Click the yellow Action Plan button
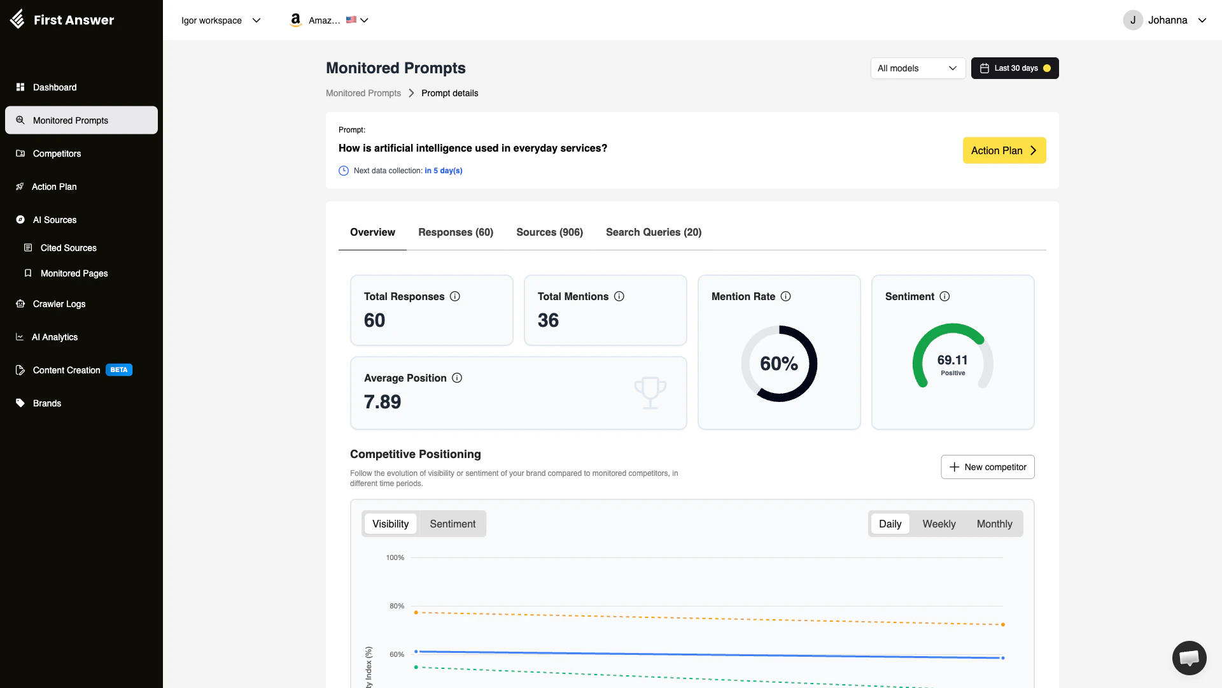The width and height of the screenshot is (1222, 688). (1004, 150)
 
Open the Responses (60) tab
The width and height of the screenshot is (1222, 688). (456, 232)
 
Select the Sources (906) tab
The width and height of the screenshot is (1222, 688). (549, 232)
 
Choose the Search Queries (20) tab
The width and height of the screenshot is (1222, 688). (654, 232)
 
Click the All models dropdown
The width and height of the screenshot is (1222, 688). (917, 68)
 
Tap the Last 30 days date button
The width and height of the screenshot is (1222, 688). (1015, 68)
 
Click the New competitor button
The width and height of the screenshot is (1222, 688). (987, 467)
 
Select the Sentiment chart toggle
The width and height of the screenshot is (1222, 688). (453, 524)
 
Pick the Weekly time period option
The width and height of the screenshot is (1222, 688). (939, 524)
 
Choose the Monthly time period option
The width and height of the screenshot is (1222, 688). (994, 524)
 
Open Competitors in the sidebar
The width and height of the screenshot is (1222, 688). (57, 154)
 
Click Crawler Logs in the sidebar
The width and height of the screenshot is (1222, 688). (59, 304)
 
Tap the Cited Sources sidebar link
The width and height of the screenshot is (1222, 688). (68, 248)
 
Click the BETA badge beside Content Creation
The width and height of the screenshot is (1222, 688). (119, 370)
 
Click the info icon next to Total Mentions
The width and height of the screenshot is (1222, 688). (619, 296)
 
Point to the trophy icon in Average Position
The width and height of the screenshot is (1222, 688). (650, 392)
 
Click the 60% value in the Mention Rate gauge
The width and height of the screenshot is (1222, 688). (778, 364)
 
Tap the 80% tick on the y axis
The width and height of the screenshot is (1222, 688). (397, 606)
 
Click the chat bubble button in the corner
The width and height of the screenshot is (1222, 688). (1189, 657)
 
